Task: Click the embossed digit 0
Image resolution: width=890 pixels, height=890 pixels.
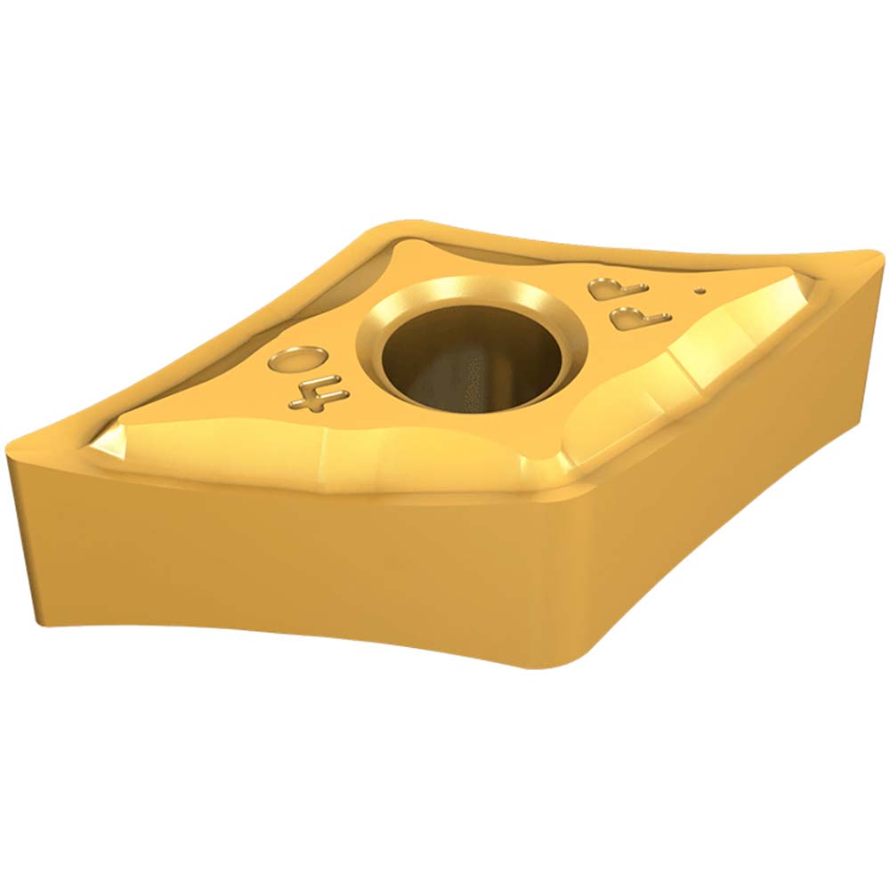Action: pos(294,360)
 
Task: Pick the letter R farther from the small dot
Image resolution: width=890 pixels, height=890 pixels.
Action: pos(607,287)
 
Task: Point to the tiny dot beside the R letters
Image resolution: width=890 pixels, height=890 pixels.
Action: pos(701,289)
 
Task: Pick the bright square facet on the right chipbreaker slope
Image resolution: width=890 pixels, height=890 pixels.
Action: pos(703,356)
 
